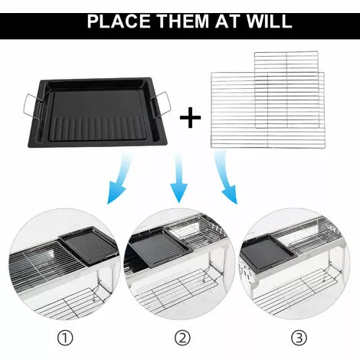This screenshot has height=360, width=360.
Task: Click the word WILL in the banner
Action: [x=267, y=20]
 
